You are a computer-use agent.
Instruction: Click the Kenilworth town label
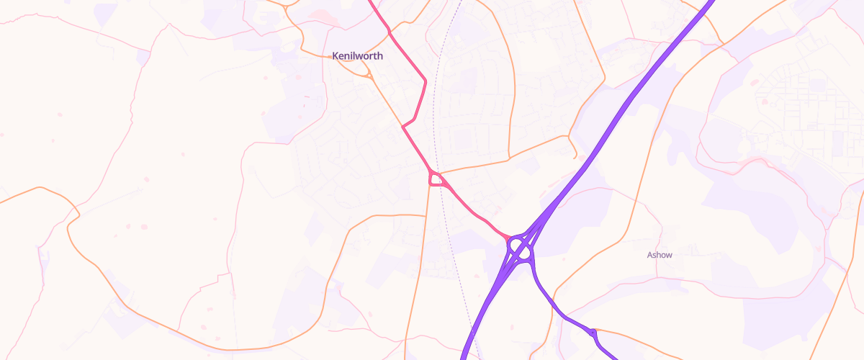(357, 55)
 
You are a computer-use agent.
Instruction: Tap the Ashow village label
(660, 255)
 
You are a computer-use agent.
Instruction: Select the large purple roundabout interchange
(520, 249)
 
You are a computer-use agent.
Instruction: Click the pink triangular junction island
(436, 179)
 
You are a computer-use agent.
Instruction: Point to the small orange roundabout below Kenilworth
(369, 74)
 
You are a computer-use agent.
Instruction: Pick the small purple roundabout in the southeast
(593, 333)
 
